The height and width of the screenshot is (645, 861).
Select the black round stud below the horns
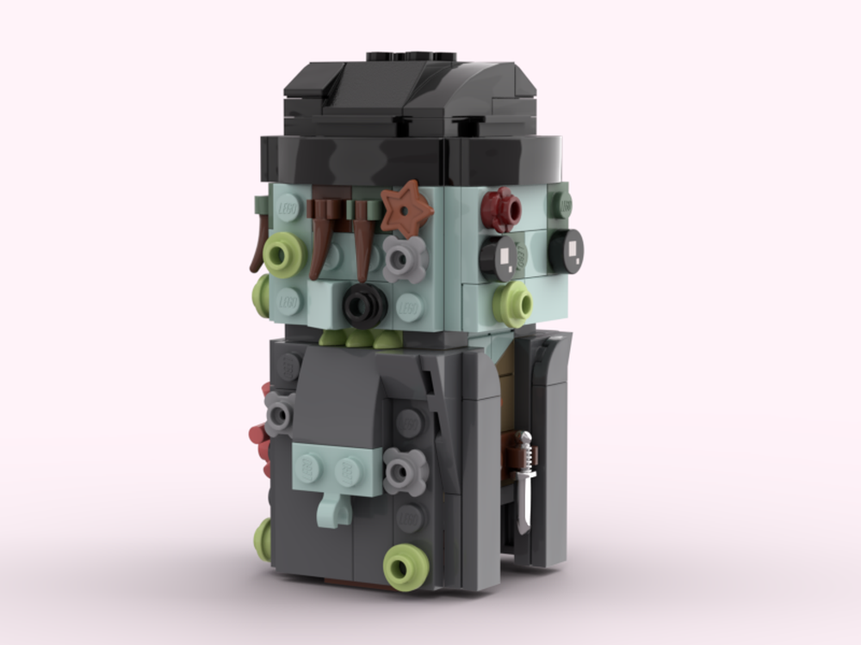click(x=365, y=304)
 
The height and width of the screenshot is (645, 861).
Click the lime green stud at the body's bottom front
click(x=406, y=567)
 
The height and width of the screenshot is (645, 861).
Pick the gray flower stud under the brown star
click(x=405, y=258)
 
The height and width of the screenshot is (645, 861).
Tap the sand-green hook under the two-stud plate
click(x=333, y=510)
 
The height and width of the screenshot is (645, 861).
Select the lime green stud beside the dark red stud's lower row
click(x=514, y=304)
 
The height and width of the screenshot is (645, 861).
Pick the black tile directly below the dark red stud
click(x=500, y=257)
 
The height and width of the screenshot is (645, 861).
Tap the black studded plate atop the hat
click(x=411, y=57)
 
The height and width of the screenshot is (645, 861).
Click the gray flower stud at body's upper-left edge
click(x=279, y=414)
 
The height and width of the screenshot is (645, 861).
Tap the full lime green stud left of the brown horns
click(x=285, y=255)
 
